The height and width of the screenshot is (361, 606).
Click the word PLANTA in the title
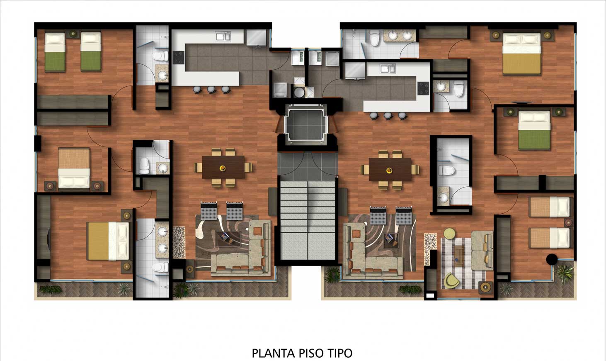[274, 353]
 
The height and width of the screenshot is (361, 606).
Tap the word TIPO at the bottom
[340, 353]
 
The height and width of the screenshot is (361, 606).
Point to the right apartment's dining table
[390, 170]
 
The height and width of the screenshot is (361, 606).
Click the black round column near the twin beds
[552, 259]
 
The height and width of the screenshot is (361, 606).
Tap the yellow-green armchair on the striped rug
[452, 281]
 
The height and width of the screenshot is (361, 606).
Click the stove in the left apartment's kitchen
[179, 58]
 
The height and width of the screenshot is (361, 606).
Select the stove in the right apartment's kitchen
[423, 88]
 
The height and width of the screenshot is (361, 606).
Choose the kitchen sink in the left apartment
[223, 36]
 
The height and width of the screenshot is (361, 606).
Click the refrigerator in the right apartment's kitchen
[355, 71]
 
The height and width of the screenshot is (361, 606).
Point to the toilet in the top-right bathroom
[375, 38]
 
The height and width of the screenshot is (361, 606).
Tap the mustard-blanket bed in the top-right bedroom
[521, 54]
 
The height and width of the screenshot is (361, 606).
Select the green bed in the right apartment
[535, 130]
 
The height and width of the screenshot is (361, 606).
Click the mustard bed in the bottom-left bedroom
[108, 241]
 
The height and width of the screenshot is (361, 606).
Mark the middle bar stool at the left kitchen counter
[211, 89]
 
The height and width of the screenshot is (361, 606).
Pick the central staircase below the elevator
[308, 220]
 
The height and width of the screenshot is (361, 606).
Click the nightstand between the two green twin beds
[73, 34]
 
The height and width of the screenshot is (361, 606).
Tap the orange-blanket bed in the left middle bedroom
[74, 168]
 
